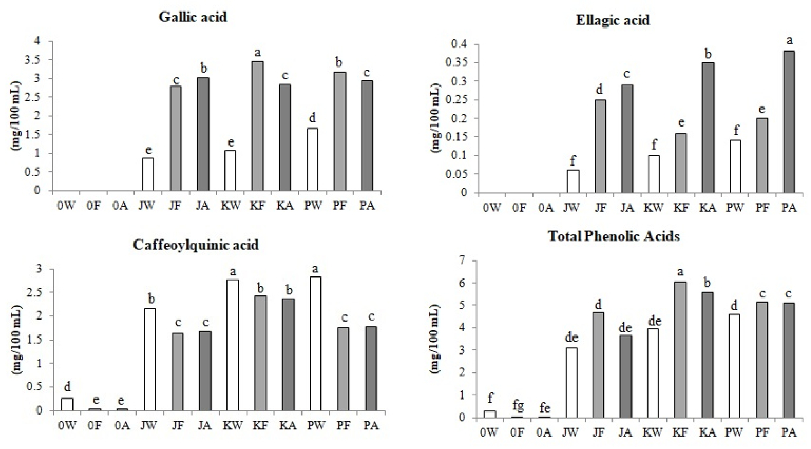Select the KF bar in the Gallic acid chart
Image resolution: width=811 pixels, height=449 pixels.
click(258, 126)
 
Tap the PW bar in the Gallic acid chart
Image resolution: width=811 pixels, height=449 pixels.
click(312, 159)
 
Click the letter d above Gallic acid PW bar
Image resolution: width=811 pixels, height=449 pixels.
click(312, 118)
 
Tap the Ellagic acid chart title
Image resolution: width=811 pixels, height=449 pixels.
click(612, 20)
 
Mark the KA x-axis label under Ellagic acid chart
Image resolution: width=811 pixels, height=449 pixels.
click(708, 208)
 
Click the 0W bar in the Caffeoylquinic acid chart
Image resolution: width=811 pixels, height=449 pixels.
click(67, 404)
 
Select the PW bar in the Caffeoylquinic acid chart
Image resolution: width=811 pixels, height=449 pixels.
click(315, 343)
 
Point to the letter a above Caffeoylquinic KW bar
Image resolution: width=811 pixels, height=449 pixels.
click(233, 271)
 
